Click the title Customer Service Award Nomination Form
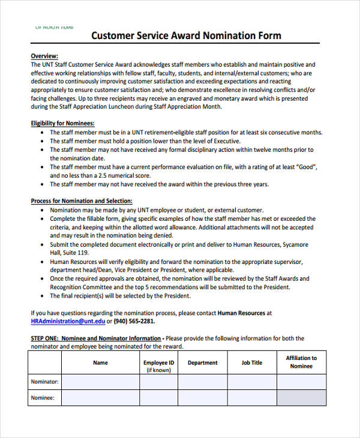click(186, 35)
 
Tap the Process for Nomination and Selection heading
click(82, 201)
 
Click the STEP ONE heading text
click(96, 338)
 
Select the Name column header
click(100, 362)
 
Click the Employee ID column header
click(159, 362)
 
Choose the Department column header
click(202, 362)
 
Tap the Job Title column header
click(252, 362)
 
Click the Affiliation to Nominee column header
click(301, 362)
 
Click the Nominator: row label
click(44, 382)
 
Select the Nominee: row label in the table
click(42, 397)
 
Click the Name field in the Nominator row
click(100, 382)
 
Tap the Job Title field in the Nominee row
click(252, 397)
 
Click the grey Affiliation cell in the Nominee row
click(301, 397)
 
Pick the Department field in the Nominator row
click(202, 382)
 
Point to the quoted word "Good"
click(305, 167)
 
